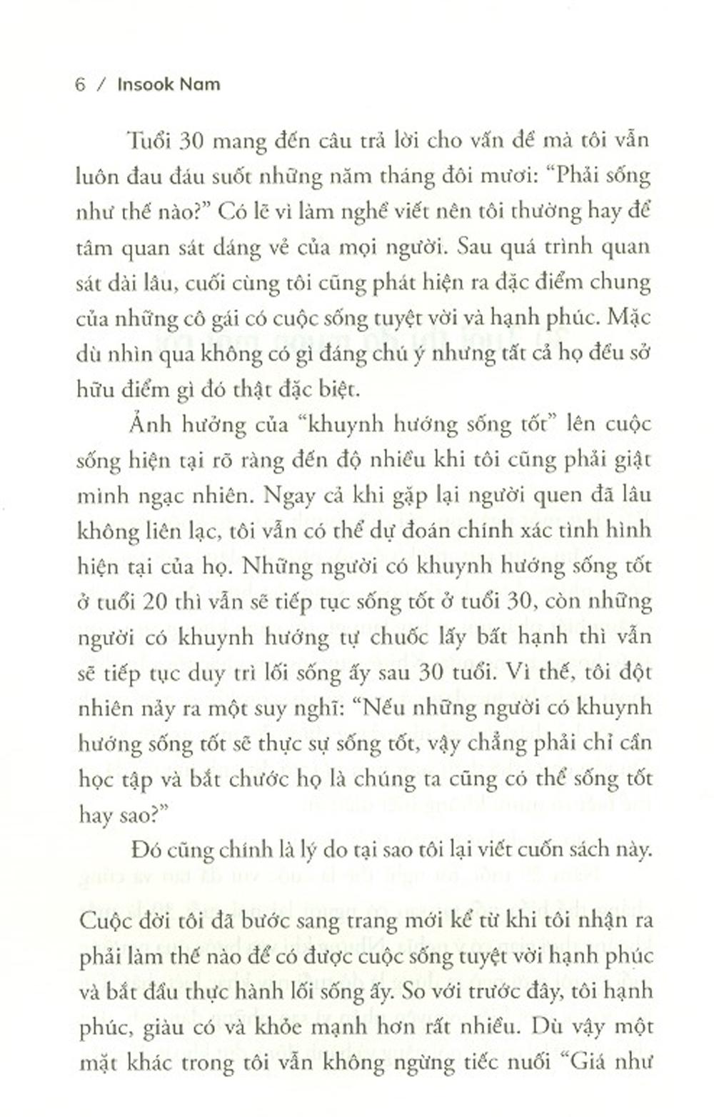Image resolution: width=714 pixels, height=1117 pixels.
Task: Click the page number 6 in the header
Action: pyautogui.click(x=80, y=84)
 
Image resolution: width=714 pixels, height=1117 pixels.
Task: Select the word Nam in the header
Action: pyautogui.click(x=201, y=84)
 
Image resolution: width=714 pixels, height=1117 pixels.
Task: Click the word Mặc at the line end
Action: pyautogui.click(x=629, y=318)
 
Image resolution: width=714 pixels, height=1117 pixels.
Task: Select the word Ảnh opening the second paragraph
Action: pyautogui.click(x=149, y=424)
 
